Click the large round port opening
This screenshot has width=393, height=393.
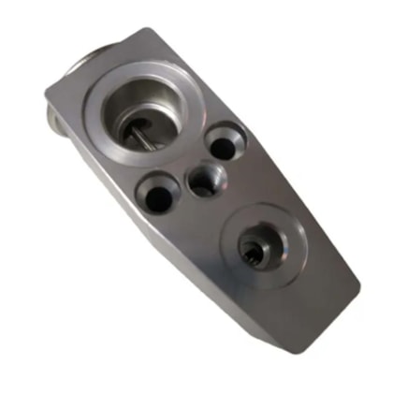click(x=142, y=110)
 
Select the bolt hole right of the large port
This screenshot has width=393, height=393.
click(x=225, y=144)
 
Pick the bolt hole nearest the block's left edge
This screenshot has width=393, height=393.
click(x=156, y=196)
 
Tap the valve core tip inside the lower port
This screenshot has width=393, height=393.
click(x=253, y=251)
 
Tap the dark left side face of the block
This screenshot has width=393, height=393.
click(x=140, y=234)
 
